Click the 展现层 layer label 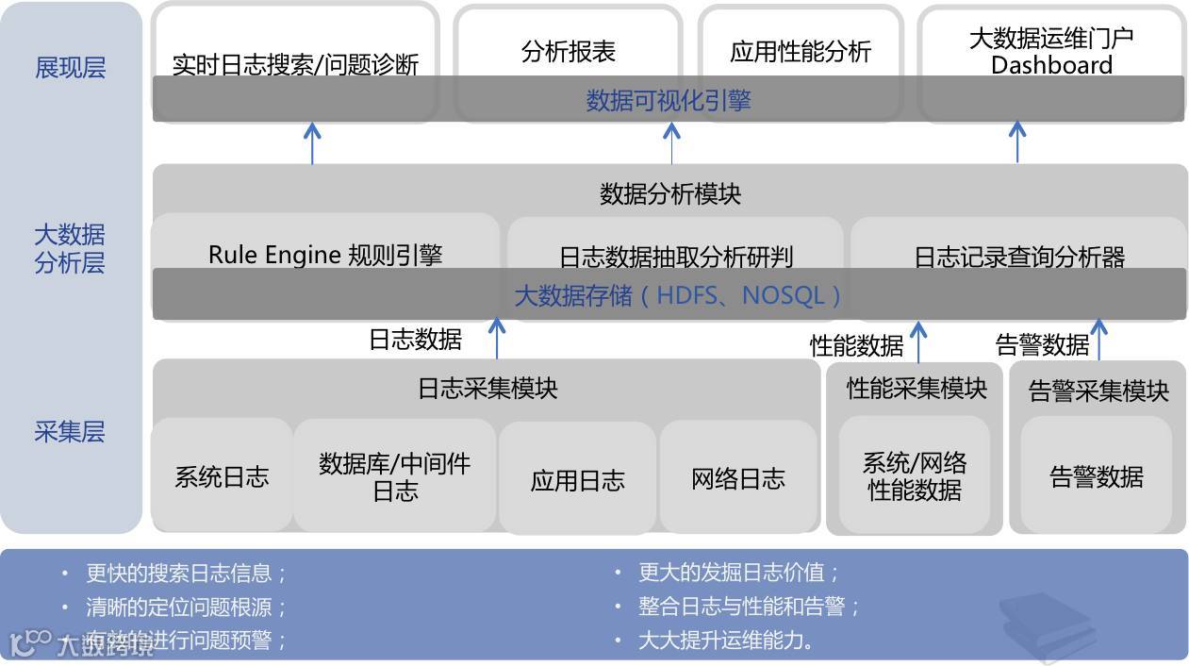point(70,68)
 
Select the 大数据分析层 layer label point(70,248)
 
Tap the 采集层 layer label point(70,432)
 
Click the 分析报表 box point(568,51)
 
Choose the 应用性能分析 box point(800,51)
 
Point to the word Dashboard point(1051,65)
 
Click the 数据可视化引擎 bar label point(668,100)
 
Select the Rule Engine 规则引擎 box point(325,254)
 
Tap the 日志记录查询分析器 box point(1019,256)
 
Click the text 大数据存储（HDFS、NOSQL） point(678,295)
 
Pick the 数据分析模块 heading point(670,193)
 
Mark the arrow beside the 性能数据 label point(918,341)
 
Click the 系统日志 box point(222,476)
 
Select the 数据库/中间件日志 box point(394,476)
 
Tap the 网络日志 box point(737,478)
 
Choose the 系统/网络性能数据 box point(915,475)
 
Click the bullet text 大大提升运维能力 point(725,641)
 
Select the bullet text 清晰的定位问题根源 point(186,607)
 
